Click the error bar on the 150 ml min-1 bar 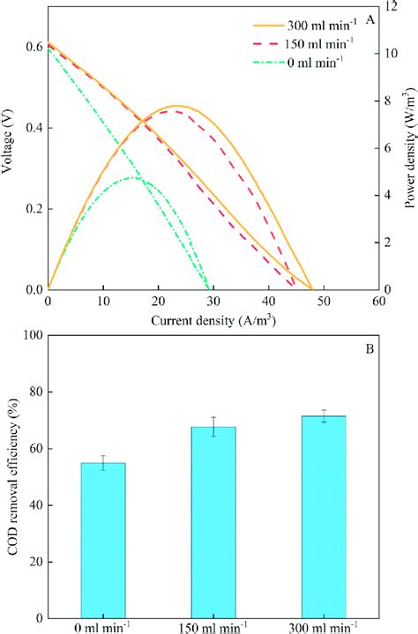(213, 427)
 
